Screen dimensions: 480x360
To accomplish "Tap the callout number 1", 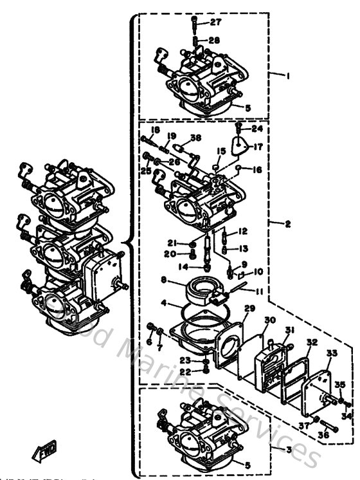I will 289,75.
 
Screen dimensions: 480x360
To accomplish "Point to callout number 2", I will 288,223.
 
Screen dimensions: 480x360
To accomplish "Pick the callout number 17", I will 258,146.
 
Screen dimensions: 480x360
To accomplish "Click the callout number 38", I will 195,137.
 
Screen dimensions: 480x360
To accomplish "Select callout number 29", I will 249,309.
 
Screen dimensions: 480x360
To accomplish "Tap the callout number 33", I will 332,353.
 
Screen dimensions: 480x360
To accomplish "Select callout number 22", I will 185,372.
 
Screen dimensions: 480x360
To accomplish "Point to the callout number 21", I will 172,243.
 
